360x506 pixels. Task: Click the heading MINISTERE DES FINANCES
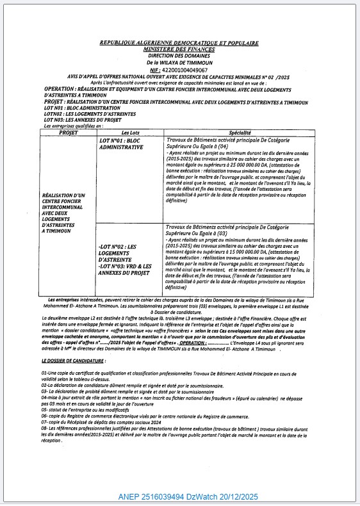(179, 49)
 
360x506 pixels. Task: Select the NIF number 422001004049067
(186, 69)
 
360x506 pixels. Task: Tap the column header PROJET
(67, 132)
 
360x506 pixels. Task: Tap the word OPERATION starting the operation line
(63, 88)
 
